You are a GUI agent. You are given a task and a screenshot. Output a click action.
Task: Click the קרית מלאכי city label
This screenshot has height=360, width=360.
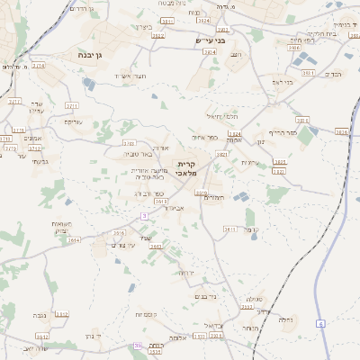tap(197, 168)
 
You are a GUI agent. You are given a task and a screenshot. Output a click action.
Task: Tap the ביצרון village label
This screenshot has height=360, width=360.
tap(143, 27)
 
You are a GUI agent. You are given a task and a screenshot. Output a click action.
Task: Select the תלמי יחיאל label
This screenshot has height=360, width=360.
tap(220, 115)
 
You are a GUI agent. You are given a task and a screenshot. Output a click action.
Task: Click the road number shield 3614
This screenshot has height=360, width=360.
tap(74, 240)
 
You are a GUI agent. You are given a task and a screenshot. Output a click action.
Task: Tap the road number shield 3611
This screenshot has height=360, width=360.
tap(230, 229)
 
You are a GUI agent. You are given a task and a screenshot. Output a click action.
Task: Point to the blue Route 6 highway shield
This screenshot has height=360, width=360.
tap(319, 322)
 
